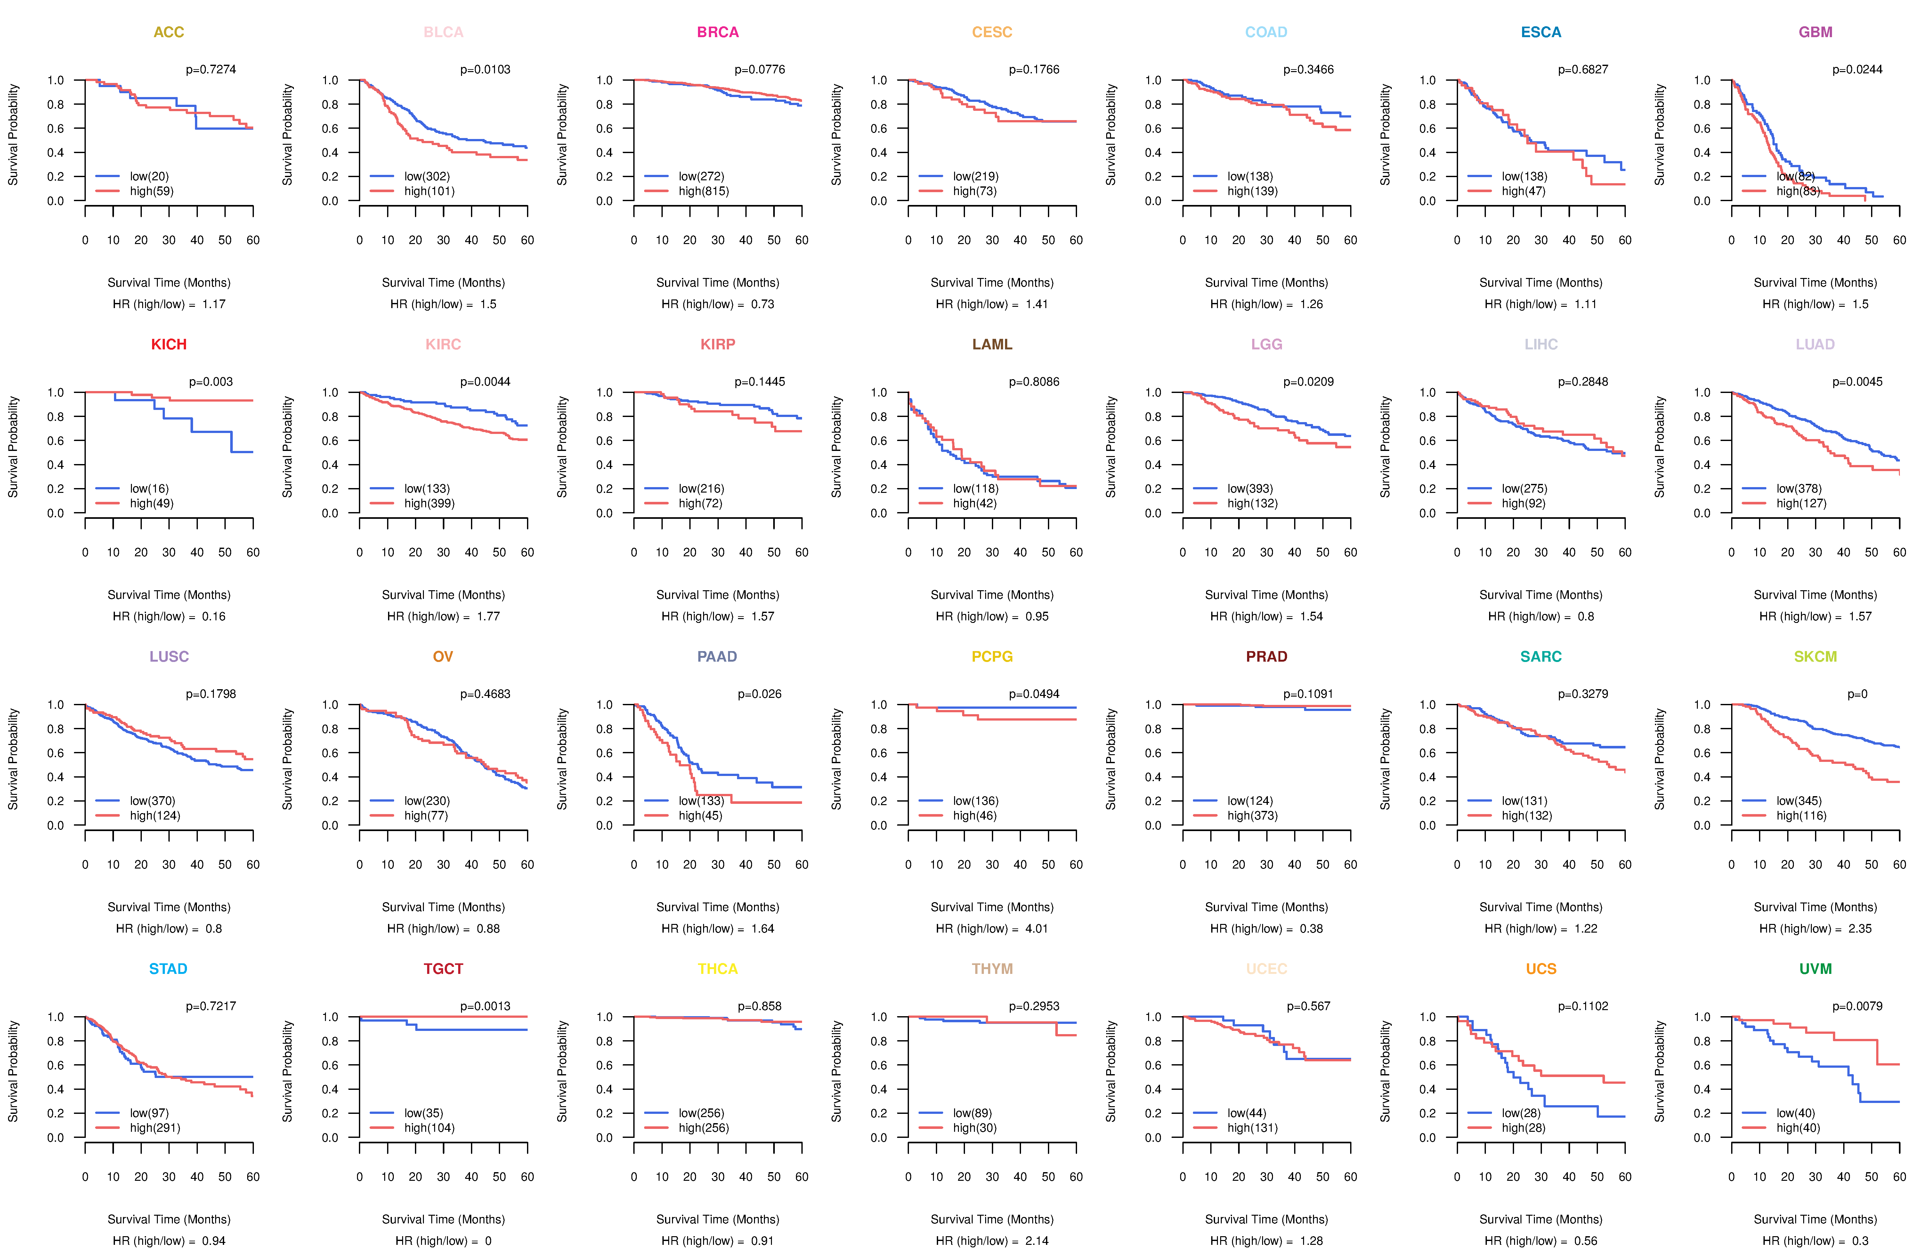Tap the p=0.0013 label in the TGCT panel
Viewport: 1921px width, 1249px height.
(x=485, y=1006)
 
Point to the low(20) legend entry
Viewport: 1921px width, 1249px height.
(x=149, y=176)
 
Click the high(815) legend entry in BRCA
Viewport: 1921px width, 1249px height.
(x=703, y=191)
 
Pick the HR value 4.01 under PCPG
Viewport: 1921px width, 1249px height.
(x=1036, y=928)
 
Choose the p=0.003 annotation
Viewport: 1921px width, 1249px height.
(x=211, y=382)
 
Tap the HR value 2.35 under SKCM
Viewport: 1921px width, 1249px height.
(x=1860, y=928)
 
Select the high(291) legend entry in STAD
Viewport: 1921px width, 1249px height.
(x=155, y=1128)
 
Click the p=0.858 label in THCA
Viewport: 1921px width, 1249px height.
(x=759, y=1006)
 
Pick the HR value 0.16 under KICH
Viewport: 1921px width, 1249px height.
(x=214, y=616)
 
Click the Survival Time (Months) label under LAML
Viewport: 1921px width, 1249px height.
(x=992, y=595)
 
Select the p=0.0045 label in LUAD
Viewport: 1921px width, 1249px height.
(x=1857, y=382)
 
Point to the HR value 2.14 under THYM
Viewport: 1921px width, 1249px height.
(x=1036, y=1241)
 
